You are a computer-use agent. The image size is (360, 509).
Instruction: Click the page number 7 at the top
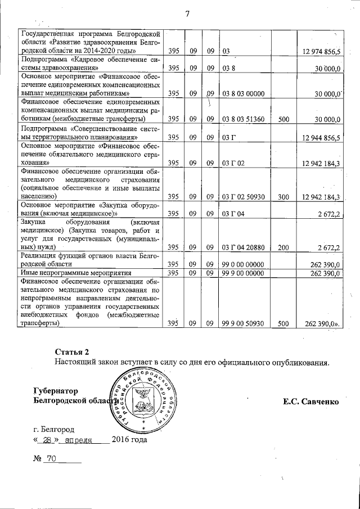187,14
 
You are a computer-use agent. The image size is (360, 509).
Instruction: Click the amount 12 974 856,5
322,52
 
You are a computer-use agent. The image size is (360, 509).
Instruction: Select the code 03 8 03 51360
244,119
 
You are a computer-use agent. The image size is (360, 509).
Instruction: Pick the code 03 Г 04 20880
244,247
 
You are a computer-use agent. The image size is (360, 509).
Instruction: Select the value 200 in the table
283,247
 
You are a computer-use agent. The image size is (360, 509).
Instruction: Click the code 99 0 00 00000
243,264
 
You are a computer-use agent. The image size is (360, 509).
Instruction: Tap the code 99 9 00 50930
243,324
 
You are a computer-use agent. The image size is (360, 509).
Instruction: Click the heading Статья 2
72,352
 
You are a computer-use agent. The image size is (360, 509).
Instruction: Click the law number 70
52,460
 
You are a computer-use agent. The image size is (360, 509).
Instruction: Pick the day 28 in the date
47,440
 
